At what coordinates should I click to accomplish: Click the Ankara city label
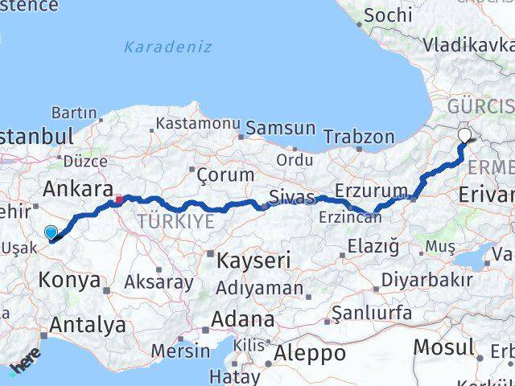tap(77, 190)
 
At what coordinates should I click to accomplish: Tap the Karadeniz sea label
tap(167, 47)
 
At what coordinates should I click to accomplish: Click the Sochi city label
tap(388, 14)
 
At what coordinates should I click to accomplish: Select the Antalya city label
tap(88, 325)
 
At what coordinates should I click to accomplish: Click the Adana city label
tap(241, 319)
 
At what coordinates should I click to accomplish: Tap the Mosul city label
tap(443, 348)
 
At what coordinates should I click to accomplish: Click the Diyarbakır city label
tap(426, 281)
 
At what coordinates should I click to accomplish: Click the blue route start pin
tap(51, 232)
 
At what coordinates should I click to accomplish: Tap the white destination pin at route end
tap(466, 136)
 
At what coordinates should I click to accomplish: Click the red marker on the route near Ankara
tap(119, 199)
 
